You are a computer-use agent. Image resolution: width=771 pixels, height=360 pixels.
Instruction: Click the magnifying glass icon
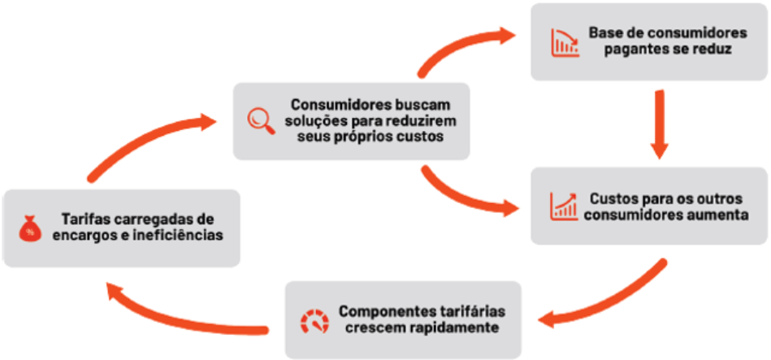pyautogui.click(x=262, y=119)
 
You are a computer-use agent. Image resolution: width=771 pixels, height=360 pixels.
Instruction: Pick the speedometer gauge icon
pyautogui.click(x=314, y=320)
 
